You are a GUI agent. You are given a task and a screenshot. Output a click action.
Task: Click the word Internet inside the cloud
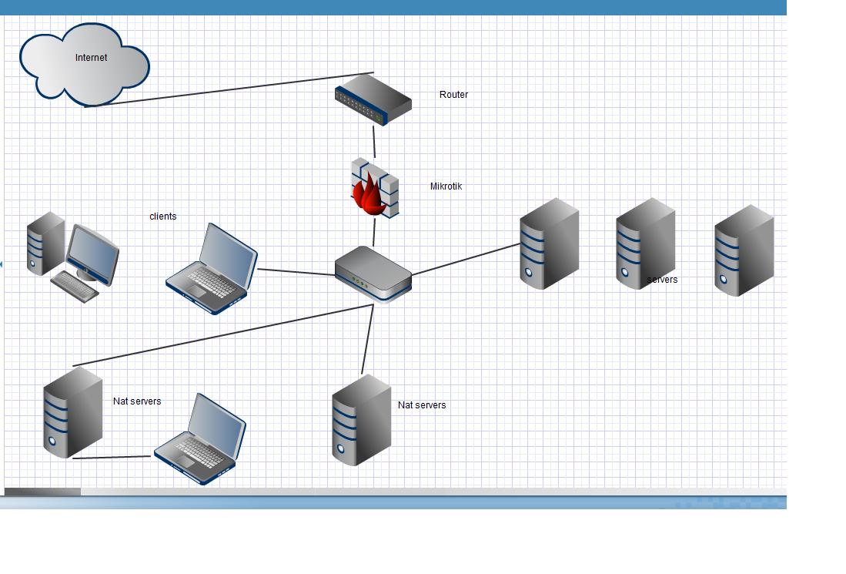pos(91,58)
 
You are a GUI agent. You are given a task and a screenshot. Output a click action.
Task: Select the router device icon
pos(373,99)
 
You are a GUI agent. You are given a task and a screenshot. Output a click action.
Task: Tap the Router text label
pos(453,95)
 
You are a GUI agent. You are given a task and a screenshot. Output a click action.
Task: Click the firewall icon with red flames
pos(375,187)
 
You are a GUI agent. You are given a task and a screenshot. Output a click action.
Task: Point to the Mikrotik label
pos(446,186)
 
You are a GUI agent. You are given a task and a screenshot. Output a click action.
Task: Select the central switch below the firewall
pos(373,273)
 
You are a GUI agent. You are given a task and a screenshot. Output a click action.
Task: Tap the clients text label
pos(162,217)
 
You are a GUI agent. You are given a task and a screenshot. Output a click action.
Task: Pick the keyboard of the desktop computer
pos(75,286)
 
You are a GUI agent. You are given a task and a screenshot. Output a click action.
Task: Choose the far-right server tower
pos(744,250)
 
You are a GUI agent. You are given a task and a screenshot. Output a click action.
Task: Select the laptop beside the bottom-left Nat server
pos(200,439)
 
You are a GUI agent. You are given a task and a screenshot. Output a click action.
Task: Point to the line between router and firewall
pos(374,143)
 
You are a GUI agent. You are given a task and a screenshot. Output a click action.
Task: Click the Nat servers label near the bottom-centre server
pos(422,405)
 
